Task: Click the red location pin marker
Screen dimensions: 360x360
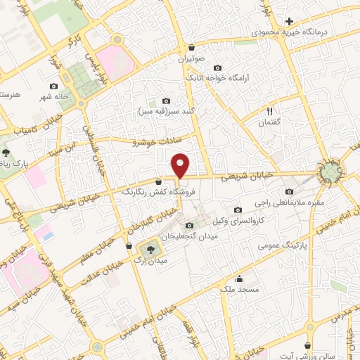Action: pos(181,166)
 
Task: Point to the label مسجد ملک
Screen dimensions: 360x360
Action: pos(248,289)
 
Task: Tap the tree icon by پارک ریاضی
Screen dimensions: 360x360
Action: pos(6,152)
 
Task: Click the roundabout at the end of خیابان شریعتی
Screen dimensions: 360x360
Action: pos(328,173)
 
